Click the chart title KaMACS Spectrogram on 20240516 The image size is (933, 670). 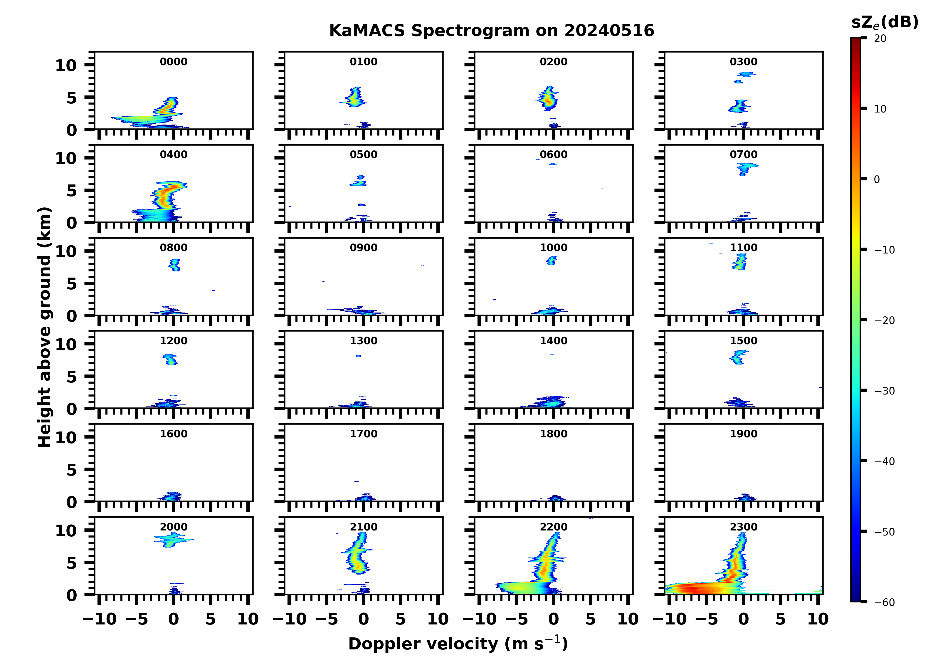pyautogui.click(x=491, y=31)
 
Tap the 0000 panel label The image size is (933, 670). pyautogui.click(x=174, y=62)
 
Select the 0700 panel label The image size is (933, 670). pyautogui.click(x=743, y=155)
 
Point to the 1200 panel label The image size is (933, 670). pyautogui.click(x=174, y=341)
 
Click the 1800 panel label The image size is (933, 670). pyautogui.click(x=553, y=434)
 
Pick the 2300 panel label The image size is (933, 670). pyautogui.click(x=743, y=527)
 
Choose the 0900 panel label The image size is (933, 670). pyautogui.click(x=364, y=248)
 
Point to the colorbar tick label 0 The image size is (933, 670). pyautogui.click(x=877, y=179)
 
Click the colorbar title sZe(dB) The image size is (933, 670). pyautogui.click(x=885, y=22)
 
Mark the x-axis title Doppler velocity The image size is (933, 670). pyautogui.click(x=458, y=644)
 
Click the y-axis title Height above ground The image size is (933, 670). pyautogui.click(x=44, y=327)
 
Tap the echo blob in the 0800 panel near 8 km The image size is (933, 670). pyautogui.click(x=175, y=265)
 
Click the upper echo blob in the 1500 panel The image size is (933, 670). pyautogui.click(x=738, y=357)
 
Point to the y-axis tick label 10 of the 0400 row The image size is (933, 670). pyautogui.click(x=66, y=158)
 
